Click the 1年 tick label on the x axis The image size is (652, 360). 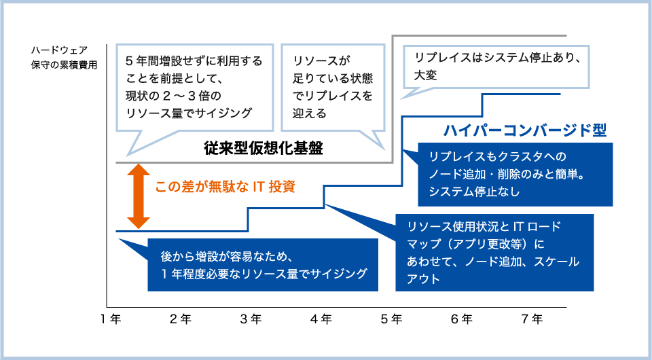(x=111, y=319)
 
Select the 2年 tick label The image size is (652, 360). (x=181, y=319)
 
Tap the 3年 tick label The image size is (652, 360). (x=251, y=319)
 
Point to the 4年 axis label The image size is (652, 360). (x=321, y=319)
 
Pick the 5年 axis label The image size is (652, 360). (x=392, y=319)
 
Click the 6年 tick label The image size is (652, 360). (x=462, y=319)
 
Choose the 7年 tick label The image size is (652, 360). (x=532, y=319)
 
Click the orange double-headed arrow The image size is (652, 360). (x=139, y=196)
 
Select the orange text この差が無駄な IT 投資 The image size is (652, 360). (x=225, y=187)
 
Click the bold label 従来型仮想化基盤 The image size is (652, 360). (x=264, y=148)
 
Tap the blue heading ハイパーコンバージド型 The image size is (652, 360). (x=525, y=130)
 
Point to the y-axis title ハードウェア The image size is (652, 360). (x=60, y=50)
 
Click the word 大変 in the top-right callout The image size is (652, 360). (x=425, y=75)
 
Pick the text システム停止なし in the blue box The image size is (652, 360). (x=475, y=192)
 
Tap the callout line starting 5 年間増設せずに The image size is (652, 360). (x=194, y=61)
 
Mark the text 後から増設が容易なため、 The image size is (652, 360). (x=225, y=256)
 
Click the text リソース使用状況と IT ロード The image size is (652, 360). (x=484, y=227)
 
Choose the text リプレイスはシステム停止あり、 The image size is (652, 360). (x=497, y=57)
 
